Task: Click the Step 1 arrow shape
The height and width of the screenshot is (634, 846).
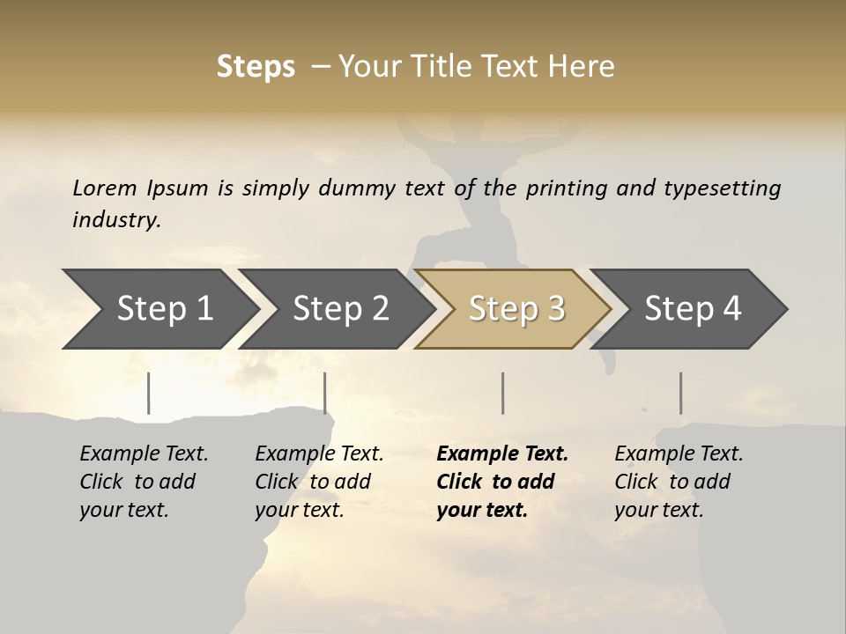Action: pos(163,309)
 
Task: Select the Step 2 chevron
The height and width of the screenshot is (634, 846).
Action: pos(339,309)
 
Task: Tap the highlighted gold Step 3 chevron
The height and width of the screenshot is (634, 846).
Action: pos(516,309)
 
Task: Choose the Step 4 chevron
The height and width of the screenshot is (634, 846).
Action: pos(692,309)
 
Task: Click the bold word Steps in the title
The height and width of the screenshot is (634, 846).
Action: pos(256,67)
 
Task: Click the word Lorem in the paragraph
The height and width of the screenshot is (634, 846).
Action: pos(104,188)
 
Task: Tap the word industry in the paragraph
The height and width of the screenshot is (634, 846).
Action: pos(116,220)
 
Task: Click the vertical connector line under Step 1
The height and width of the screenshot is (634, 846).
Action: pos(149,393)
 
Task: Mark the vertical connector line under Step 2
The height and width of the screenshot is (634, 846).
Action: pos(325,393)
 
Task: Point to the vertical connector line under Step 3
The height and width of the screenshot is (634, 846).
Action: pos(502,393)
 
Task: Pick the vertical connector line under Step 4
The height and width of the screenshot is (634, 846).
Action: pos(680,393)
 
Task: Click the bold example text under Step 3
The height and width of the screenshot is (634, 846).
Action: pos(501,482)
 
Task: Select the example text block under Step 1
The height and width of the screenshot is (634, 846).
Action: pos(143,482)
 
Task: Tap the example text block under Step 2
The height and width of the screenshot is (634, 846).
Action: pos(318,482)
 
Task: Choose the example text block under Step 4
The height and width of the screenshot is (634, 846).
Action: pos(678,482)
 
